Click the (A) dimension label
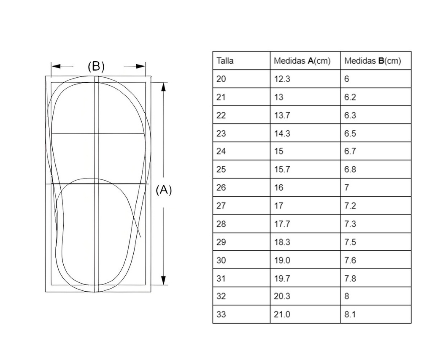[164, 190]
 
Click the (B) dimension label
[96, 66]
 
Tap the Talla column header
[225, 61]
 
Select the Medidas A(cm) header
[302, 61]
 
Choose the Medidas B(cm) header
[373, 61]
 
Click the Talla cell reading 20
[221, 79]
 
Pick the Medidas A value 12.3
[282, 79]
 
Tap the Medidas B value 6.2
[350, 97]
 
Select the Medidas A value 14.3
[282, 133]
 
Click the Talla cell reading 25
[221, 170]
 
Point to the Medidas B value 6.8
[350, 170]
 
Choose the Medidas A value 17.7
[282, 224]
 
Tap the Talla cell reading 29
[221, 242]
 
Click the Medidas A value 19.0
[282, 260]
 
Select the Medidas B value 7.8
[350, 278]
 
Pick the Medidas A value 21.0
[282, 314]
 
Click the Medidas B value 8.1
[350, 314]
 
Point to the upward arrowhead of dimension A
[164, 86]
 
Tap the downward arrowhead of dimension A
[164, 280]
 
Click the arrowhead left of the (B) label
[56, 66]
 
